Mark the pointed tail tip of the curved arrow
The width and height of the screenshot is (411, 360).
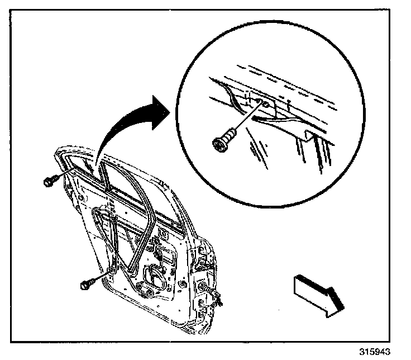pos(96,168)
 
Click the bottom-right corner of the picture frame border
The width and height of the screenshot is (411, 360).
pos(398,342)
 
